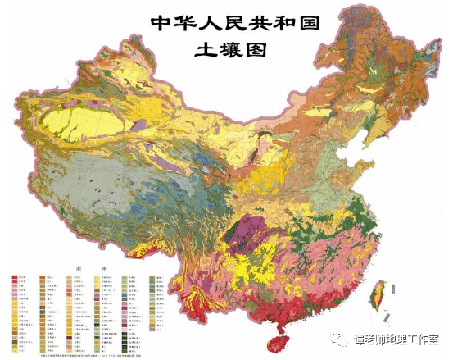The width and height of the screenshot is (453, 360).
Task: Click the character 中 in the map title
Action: point(163,22)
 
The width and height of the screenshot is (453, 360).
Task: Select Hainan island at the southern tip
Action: point(282,341)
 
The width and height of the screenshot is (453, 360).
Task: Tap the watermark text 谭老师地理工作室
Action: point(397,337)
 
